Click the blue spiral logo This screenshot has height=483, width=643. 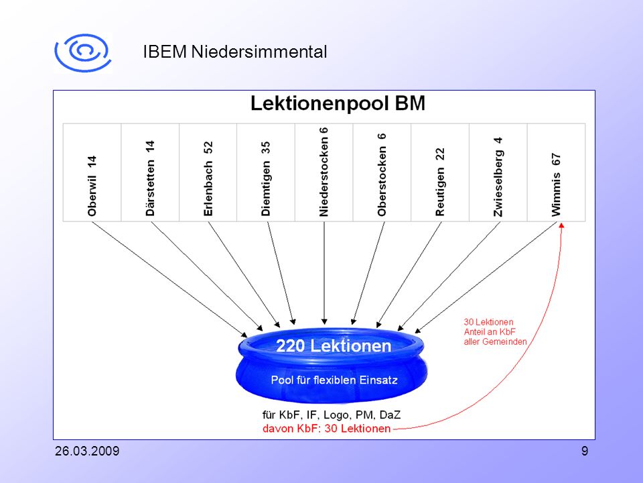pos(83,53)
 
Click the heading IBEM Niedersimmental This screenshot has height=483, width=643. pos(235,52)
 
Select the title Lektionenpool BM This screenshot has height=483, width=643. pos(338,103)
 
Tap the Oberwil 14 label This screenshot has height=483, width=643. pos(92,186)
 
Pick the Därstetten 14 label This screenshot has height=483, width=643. pos(150,178)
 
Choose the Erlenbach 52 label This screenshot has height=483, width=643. pos(208,178)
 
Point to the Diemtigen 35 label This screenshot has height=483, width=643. pos(266,178)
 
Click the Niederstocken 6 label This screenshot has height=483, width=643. pos(324,172)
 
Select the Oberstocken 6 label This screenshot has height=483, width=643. pos(382,174)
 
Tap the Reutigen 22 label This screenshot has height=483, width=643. pos(440,182)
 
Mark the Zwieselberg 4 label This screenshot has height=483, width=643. pos(498,176)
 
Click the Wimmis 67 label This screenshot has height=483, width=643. pos(556,185)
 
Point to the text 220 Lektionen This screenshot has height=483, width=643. pos(334,346)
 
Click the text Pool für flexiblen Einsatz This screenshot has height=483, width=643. pos(334,380)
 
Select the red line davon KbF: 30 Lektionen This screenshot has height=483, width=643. pos(326,429)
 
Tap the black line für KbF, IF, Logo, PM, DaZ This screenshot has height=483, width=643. pos(332,415)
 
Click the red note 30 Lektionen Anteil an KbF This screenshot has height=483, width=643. pos(495,332)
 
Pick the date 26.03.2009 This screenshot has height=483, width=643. pos(87,451)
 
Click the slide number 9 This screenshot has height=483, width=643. pos(585,451)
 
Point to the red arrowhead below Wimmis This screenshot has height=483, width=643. pos(562,225)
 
